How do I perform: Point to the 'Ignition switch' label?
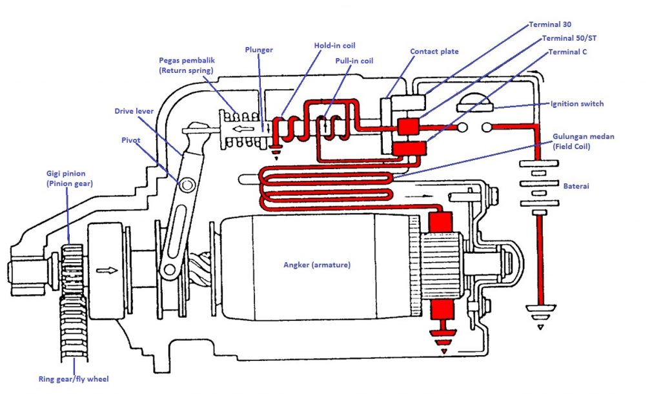tap(577, 103)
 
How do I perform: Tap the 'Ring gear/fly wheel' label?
tap(72, 379)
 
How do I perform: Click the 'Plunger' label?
tap(259, 49)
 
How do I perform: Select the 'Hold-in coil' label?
tap(334, 46)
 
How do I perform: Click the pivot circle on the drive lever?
tap(188, 185)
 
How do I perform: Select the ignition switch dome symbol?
tap(474, 99)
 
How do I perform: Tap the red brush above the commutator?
tap(441, 223)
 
